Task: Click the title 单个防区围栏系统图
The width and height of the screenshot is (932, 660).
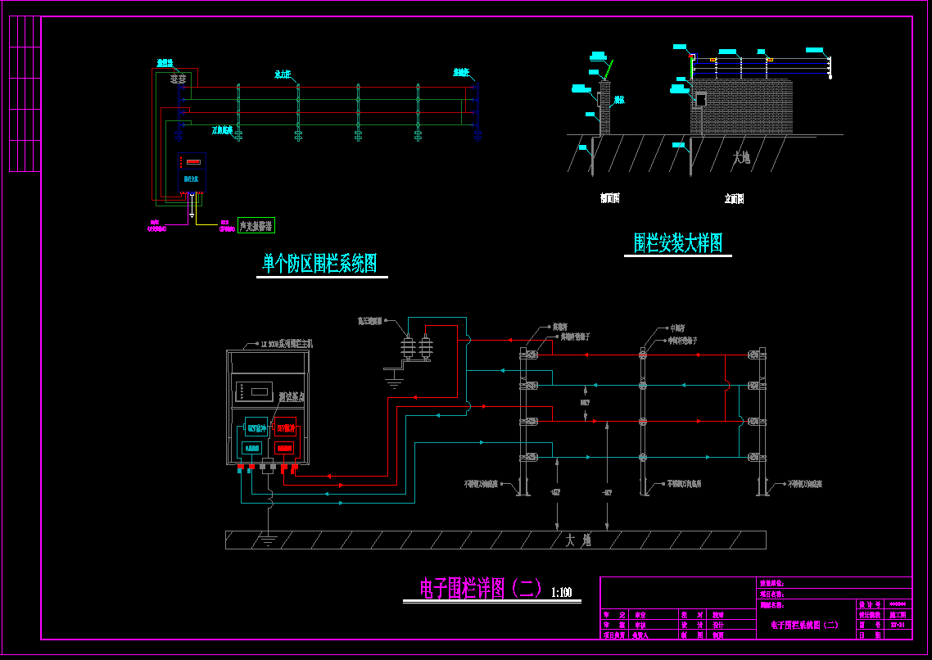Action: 320,264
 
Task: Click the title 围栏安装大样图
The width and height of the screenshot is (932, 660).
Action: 678,242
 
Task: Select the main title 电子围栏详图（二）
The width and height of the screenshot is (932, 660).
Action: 481,589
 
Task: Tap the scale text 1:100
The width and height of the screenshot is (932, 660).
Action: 562,593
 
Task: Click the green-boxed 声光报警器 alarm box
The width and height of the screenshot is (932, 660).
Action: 256,225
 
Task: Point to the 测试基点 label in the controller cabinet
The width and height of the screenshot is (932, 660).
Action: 291,397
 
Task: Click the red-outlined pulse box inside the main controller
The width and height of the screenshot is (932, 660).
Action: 286,427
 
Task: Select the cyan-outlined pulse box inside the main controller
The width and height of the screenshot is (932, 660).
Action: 256,427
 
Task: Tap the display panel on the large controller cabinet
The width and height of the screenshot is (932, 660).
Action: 252,390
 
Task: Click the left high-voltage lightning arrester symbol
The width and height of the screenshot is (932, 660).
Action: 406,348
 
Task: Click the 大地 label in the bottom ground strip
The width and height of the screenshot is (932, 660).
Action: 577,540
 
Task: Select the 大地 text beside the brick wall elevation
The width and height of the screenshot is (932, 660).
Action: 742,157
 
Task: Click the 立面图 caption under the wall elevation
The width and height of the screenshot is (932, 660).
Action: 734,198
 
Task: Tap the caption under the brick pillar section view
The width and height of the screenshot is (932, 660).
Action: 609,198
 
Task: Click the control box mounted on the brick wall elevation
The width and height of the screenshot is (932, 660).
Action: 700,100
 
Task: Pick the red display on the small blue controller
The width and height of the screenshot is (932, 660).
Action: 191,162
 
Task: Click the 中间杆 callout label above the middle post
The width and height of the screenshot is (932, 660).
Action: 676,328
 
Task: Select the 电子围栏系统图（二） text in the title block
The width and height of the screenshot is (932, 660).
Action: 805,625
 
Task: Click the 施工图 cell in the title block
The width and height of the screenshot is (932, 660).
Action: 898,614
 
